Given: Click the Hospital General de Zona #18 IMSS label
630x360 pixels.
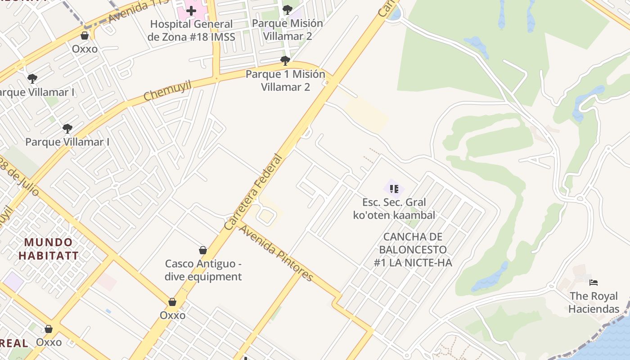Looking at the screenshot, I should pos(191,30).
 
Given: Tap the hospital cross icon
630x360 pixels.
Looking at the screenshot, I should pos(191,10).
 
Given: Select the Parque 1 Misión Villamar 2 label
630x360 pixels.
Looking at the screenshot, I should pos(285,81).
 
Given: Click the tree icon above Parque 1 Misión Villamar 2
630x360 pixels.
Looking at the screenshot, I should pos(285,60).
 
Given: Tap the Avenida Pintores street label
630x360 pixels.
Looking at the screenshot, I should pos(275,253).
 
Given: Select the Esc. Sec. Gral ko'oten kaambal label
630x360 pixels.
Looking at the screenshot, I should pos(394,209).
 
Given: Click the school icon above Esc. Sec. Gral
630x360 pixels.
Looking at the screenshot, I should pos(394,189).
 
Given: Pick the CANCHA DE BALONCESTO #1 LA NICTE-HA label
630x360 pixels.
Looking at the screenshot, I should pos(413,250).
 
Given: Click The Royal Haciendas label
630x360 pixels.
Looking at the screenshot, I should pos(594,302).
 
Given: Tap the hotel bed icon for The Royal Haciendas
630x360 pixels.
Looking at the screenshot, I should pos(594,283).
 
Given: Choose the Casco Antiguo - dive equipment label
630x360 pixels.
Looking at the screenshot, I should pos(203,270).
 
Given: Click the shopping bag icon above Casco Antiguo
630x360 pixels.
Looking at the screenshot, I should pos(203,250).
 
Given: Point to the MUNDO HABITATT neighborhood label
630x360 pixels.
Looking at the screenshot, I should pos(49,249).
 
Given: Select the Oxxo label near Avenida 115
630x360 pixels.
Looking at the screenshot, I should pos(85,49).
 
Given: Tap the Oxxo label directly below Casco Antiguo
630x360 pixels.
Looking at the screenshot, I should pos(172,315).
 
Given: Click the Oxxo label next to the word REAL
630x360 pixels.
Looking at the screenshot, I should pos(49,342).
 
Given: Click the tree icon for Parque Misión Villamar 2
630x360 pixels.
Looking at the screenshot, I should pos(287,10).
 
